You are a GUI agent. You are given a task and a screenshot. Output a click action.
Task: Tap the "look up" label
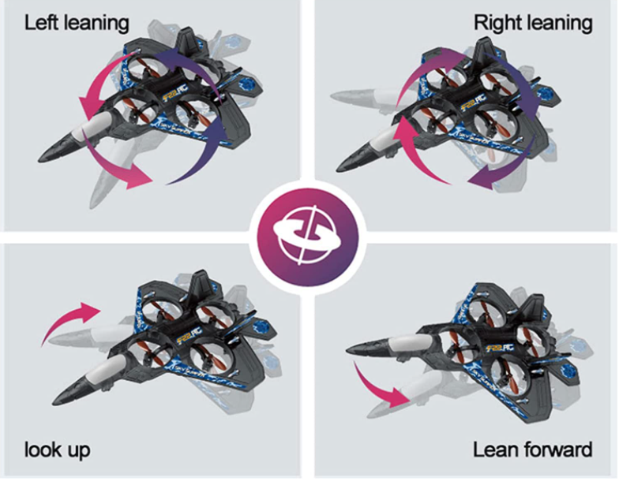[57, 450]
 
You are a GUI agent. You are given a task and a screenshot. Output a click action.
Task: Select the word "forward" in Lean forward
[560, 450]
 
